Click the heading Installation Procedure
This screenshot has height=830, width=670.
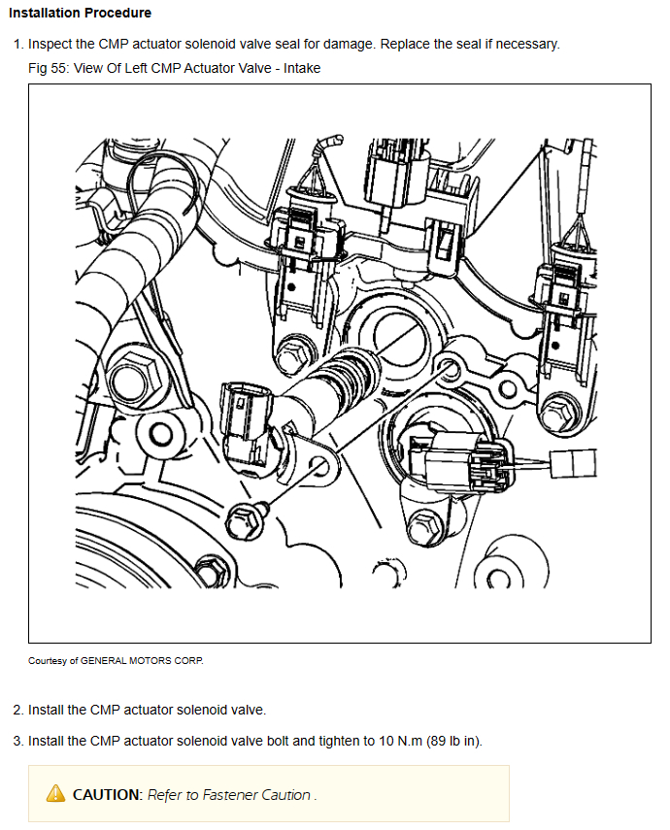(80, 14)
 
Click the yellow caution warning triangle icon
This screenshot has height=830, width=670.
(56, 794)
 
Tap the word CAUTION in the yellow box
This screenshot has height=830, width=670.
(107, 794)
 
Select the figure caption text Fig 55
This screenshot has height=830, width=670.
(49, 68)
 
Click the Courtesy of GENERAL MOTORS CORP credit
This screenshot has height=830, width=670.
(117, 660)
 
